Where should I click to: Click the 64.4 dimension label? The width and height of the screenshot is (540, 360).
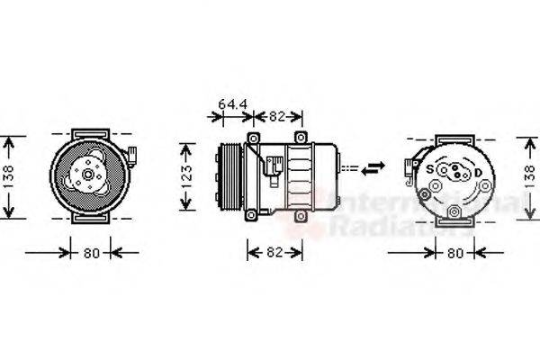point(233,104)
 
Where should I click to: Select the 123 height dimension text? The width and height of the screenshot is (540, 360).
point(187,175)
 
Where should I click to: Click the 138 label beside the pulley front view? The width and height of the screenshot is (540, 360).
point(9,177)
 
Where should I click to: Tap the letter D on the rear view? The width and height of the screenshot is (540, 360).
point(479,170)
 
